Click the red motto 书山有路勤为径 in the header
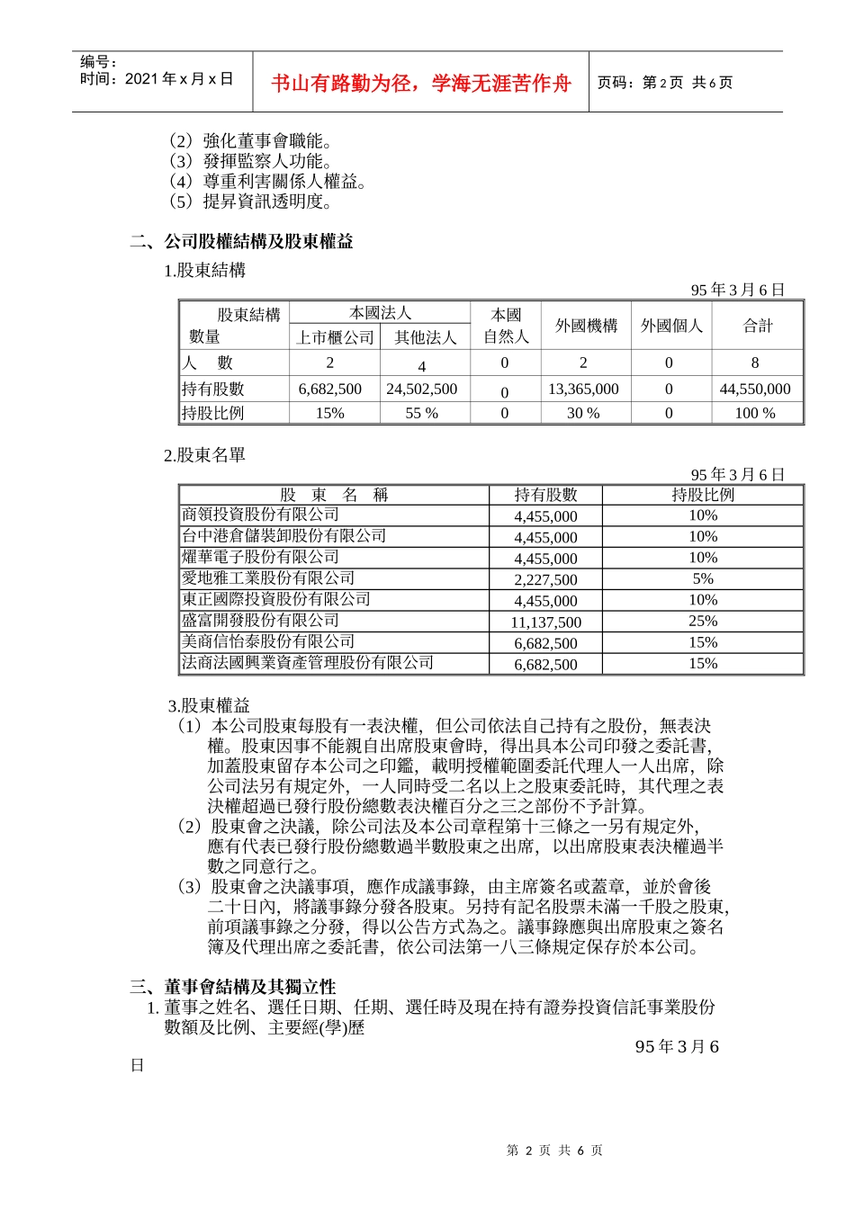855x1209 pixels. click(421, 84)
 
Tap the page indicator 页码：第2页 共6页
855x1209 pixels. click(665, 83)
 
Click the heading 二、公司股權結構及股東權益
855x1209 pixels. click(241, 241)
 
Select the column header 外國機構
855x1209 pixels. click(586, 326)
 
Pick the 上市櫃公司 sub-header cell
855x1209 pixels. click(335, 337)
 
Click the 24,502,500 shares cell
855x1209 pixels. click(421, 390)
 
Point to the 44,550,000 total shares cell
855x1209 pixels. click(754, 390)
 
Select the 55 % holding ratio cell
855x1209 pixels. click(421, 414)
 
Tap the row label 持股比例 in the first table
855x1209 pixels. click(213, 413)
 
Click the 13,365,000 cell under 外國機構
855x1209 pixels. click(583, 390)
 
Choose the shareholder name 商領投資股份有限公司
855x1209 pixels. click(260, 515)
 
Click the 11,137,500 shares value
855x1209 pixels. click(545, 622)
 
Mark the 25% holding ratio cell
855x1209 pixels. click(702, 622)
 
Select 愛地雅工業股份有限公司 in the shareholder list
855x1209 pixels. click(268, 578)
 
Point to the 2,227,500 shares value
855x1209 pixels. click(545, 580)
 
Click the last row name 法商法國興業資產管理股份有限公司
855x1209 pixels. click(308, 663)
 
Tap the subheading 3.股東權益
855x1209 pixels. click(209, 705)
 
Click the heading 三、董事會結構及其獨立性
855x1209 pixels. click(232, 987)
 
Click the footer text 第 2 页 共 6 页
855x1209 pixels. click(554, 1151)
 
